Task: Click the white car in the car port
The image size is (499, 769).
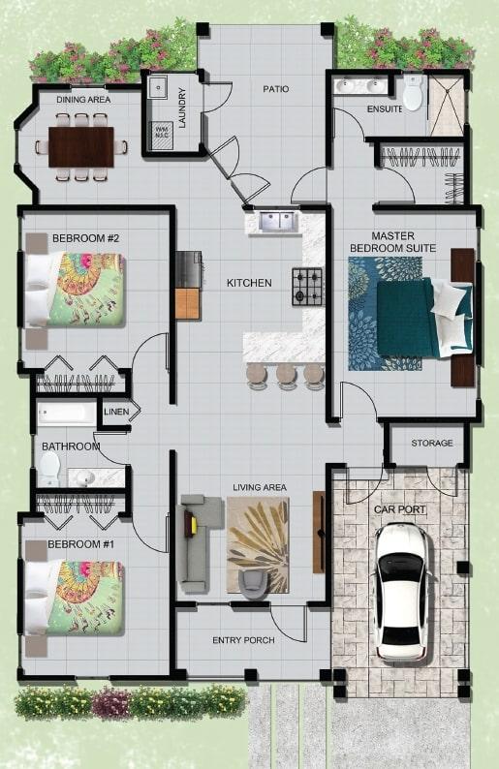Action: click(x=401, y=591)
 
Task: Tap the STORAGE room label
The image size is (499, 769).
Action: click(x=431, y=444)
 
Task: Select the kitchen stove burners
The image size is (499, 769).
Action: click(x=307, y=287)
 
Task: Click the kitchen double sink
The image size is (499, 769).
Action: click(x=277, y=222)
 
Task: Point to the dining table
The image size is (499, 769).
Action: click(x=81, y=146)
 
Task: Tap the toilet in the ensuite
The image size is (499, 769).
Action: click(x=413, y=95)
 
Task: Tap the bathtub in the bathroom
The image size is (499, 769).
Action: click(x=67, y=415)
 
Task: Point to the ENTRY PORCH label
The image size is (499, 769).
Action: click(x=243, y=640)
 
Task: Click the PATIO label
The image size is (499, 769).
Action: click(x=276, y=89)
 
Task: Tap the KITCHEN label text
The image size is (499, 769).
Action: click(x=249, y=283)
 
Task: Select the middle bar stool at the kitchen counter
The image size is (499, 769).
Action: click(x=285, y=374)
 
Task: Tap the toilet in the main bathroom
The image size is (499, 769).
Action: click(x=48, y=468)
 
